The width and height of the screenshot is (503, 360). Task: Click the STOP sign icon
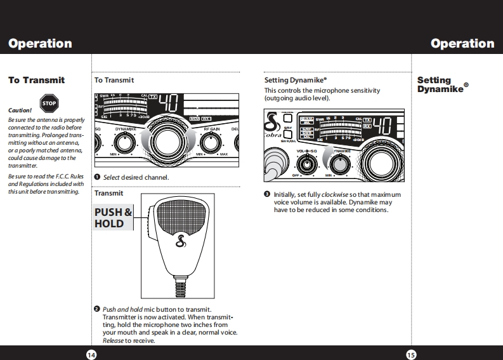pyautogui.click(x=49, y=103)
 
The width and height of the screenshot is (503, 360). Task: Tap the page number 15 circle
pyautogui.click(x=410, y=354)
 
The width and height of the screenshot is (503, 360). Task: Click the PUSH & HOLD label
pyautogui.click(x=113, y=218)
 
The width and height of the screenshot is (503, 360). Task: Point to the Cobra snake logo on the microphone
pyautogui.click(x=180, y=242)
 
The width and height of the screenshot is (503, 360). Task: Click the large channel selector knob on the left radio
pyautogui.click(x=166, y=141)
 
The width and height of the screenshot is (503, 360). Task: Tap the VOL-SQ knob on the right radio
pyautogui.click(x=308, y=164)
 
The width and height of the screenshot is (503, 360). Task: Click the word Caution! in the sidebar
pyautogui.click(x=20, y=110)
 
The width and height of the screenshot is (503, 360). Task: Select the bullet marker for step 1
pyautogui.click(x=97, y=177)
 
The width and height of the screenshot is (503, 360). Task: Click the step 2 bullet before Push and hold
pyautogui.click(x=97, y=309)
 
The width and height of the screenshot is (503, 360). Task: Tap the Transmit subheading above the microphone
pyautogui.click(x=108, y=193)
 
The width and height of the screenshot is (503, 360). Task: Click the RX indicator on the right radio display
pyautogui.click(x=367, y=126)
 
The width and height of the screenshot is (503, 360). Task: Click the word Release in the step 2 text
pyautogui.click(x=113, y=340)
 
